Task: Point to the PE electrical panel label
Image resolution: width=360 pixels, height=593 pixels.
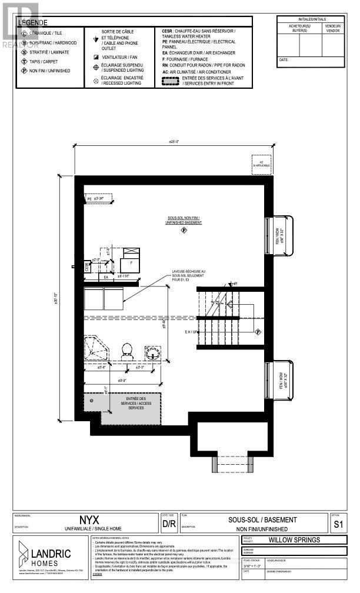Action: click(x=90, y=199)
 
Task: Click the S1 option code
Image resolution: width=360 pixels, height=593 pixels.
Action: click(x=337, y=523)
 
